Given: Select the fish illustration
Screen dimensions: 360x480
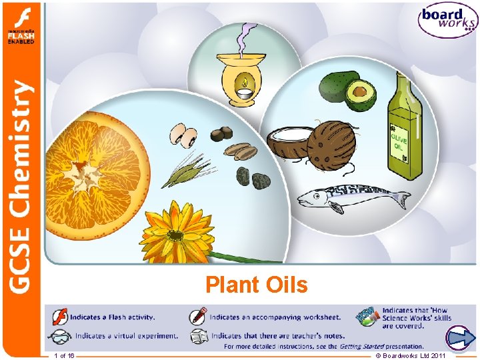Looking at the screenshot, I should click(353, 198).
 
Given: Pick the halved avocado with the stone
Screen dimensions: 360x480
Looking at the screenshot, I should click(361, 95).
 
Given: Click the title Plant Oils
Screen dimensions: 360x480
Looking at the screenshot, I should click(257, 285).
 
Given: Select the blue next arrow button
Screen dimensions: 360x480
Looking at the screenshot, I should click(459, 339).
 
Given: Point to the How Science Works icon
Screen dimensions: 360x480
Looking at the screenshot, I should click(368, 317).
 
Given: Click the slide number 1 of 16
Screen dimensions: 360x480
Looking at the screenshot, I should click(65, 356).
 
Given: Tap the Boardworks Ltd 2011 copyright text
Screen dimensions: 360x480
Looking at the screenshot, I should click(411, 356).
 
